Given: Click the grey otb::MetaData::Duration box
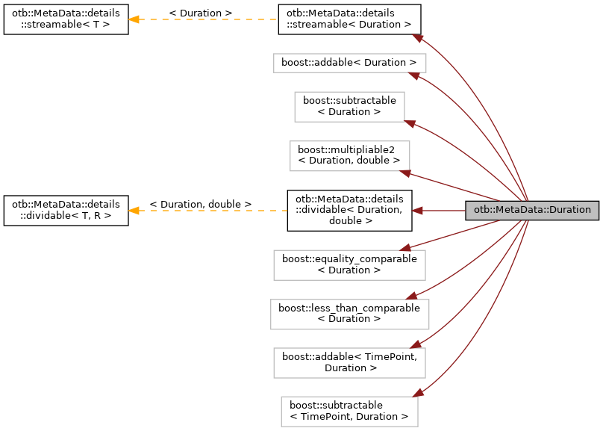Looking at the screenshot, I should pyautogui.click(x=532, y=211).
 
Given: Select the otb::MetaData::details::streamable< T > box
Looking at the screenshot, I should pyautogui.click(x=65, y=19).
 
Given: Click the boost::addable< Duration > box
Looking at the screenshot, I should pyautogui.click(x=349, y=63).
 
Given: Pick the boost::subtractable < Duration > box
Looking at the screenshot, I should pyautogui.click(x=349, y=107).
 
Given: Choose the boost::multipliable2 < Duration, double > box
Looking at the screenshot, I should pyautogui.click(x=349, y=155).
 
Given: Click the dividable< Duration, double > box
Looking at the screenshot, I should pyautogui.click(x=349, y=210).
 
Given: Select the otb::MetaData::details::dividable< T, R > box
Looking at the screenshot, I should pyautogui.click(x=65, y=211).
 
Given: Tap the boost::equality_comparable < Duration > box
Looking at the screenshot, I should pyautogui.click(x=349, y=264).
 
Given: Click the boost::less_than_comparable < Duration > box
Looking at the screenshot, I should pyautogui.click(x=349, y=313).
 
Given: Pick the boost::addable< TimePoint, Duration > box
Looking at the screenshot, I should pyautogui.click(x=349, y=362).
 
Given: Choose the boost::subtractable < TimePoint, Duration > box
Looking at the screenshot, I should pyautogui.click(x=349, y=411).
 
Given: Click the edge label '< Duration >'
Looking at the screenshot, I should pyautogui.click(x=200, y=13).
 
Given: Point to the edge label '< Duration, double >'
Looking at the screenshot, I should pyautogui.click(x=200, y=204).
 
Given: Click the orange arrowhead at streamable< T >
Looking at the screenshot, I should pyautogui.click(x=133, y=19).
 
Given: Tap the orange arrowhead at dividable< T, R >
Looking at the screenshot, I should pyautogui.click(x=133, y=211).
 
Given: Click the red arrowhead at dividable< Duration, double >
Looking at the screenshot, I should pyautogui.click(x=418, y=211).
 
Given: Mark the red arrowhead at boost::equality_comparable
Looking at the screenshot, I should pyautogui.click(x=403, y=248).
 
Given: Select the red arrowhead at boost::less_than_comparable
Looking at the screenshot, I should pyautogui.click(x=411, y=297).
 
